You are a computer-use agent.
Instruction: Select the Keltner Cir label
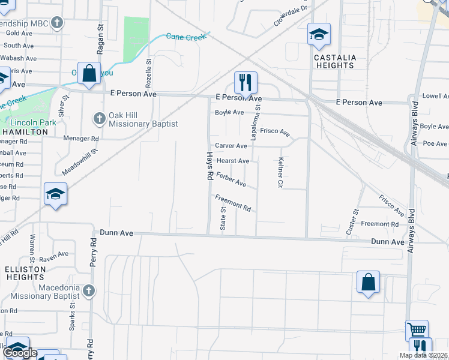coord(280,173)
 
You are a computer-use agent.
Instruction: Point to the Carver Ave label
coord(231,146)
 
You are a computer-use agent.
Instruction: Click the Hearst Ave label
coord(233,161)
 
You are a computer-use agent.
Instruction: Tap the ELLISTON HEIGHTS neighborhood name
coord(25,274)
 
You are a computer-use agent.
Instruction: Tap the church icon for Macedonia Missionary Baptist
coord(88,291)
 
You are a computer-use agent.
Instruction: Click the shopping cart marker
coord(417,329)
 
